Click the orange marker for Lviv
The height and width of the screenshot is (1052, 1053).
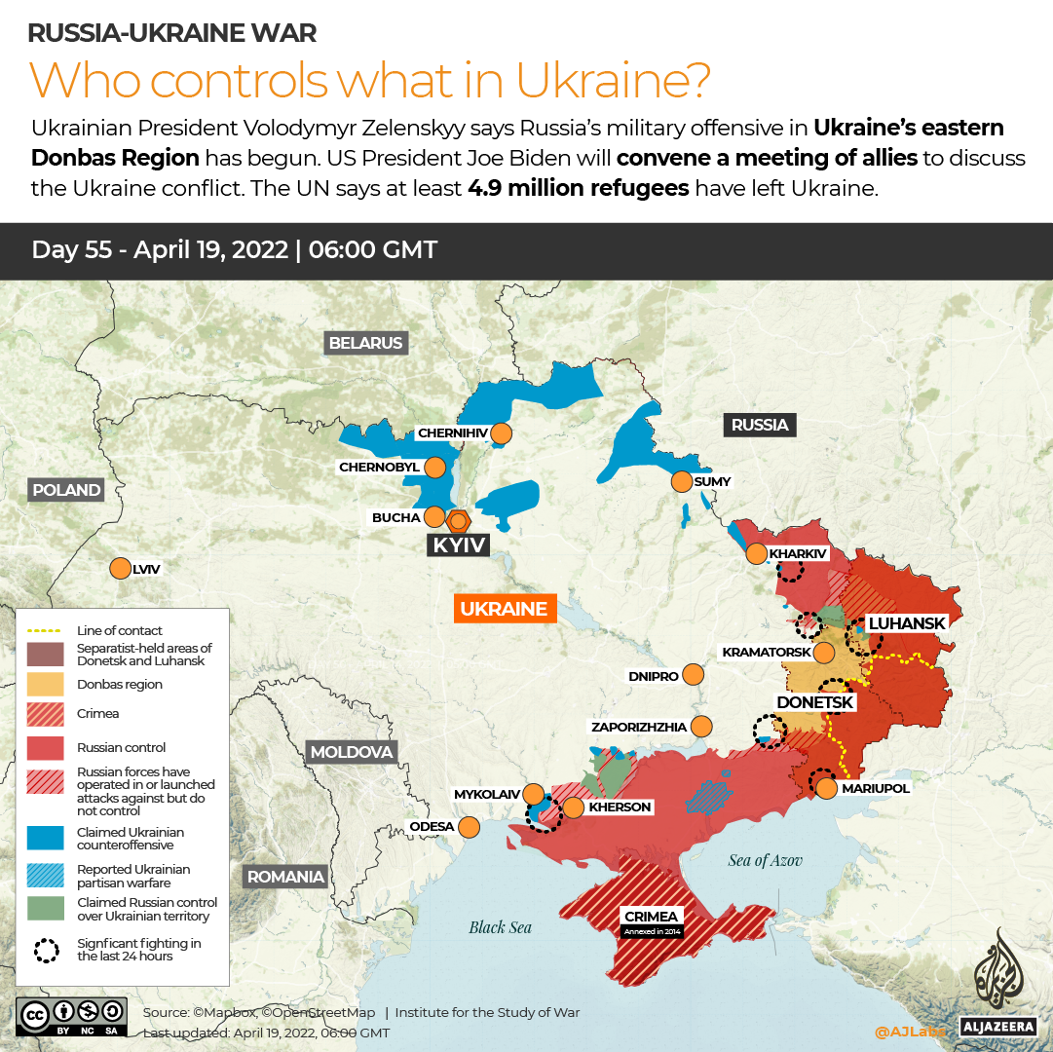(x=121, y=569)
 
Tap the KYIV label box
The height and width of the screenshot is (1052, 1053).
(x=459, y=545)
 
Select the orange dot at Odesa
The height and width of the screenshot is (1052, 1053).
(x=469, y=827)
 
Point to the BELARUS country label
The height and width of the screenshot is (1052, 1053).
(x=365, y=343)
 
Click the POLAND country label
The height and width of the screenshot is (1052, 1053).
(x=66, y=490)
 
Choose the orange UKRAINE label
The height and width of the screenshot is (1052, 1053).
(x=504, y=609)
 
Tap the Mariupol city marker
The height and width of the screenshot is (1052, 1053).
(x=826, y=788)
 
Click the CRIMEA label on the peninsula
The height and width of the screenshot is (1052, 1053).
(x=652, y=916)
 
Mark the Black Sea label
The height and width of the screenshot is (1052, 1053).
(x=501, y=927)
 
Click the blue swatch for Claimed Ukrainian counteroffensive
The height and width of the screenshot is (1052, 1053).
(x=46, y=839)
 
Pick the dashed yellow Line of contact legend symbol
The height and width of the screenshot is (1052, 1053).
(x=46, y=631)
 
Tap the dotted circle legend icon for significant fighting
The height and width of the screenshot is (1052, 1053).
(x=46, y=950)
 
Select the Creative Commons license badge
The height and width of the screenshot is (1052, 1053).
(x=70, y=1016)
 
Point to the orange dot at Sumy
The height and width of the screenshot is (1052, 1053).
(x=681, y=481)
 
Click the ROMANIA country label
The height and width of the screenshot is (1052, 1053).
(x=285, y=877)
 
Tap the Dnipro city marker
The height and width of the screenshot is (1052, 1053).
(x=694, y=674)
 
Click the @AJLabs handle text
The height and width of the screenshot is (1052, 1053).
(x=910, y=1031)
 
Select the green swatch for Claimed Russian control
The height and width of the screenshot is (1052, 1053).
(x=46, y=909)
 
